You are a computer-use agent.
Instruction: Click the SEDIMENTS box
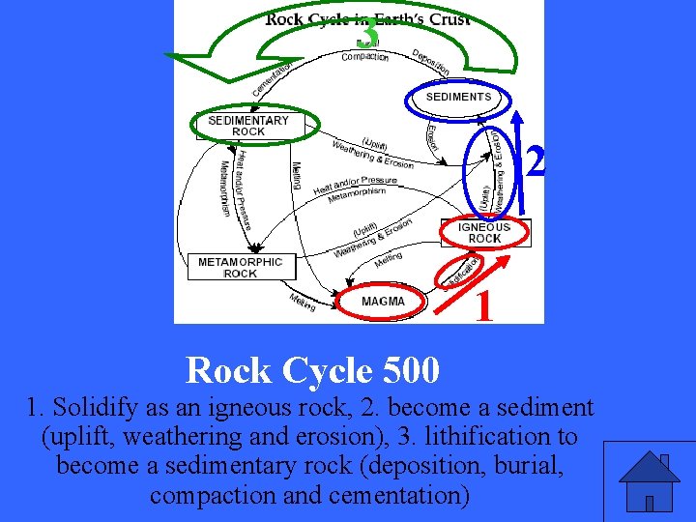click(x=458, y=97)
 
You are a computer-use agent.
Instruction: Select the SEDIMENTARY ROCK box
click(x=248, y=126)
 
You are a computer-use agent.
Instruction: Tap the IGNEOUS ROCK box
click(x=484, y=233)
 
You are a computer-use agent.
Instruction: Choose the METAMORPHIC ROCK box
click(x=240, y=267)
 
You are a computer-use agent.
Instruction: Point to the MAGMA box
click(x=383, y=302)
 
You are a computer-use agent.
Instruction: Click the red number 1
click(x=485, y=308)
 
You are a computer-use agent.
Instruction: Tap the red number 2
click(x=535, y=162)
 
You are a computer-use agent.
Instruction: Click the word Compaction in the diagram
click(x=365, y=57)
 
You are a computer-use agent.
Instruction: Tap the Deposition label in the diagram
click(x=431, y=61)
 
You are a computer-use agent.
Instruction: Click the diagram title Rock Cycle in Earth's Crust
click(x=367, y=18)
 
